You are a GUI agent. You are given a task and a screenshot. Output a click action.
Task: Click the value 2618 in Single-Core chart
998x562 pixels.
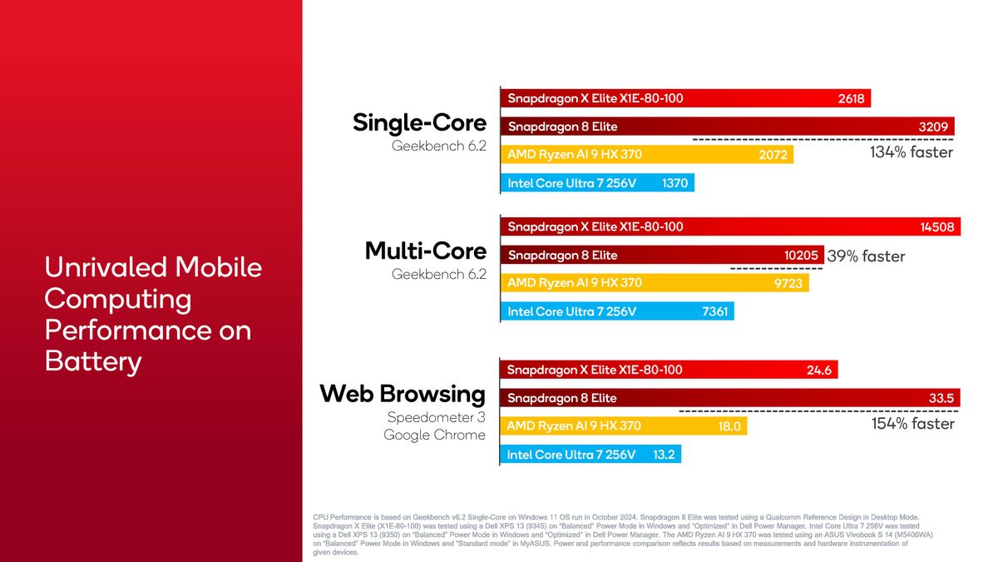[x=851, y=99]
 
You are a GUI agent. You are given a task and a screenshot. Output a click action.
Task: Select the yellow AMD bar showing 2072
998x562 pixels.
[x=647, y=155]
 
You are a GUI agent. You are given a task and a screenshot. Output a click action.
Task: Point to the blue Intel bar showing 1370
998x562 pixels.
[x=597, y=183]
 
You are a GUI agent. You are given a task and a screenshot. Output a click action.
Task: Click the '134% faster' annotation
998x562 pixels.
[x=911, y=152]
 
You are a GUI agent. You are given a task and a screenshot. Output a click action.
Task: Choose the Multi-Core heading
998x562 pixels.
[x=425, y=251]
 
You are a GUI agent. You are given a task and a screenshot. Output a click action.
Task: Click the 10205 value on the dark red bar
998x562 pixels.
[x=802, y=256]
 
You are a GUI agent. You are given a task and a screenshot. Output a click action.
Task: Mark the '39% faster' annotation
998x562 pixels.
[x=866, y=256]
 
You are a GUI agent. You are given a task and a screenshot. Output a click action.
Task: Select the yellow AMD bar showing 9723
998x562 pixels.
[x=654, y=284]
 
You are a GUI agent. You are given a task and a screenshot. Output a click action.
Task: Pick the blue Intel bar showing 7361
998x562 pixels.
[x=617, y=312]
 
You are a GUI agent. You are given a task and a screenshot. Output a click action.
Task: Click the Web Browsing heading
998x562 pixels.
[x=403, y=393]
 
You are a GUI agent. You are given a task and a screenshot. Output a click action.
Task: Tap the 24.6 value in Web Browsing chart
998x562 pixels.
[x=819, y=371]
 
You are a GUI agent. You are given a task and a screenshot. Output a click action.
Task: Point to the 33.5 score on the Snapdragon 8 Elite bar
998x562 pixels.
[x=941, y=399]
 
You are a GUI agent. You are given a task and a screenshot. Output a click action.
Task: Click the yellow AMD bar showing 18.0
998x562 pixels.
[x=623, y=426]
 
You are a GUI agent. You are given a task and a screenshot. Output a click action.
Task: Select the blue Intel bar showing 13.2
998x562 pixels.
[x=590, y=455]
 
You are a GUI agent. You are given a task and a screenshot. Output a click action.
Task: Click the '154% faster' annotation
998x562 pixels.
[x=912, y=424]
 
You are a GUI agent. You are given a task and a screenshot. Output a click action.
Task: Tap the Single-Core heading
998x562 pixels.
[x=419, y=123]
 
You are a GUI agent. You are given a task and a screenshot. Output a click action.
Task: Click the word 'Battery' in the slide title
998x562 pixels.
[x=92, y=362]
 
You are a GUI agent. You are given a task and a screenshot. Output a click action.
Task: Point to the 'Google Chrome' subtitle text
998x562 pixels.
[x=434, y=435]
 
